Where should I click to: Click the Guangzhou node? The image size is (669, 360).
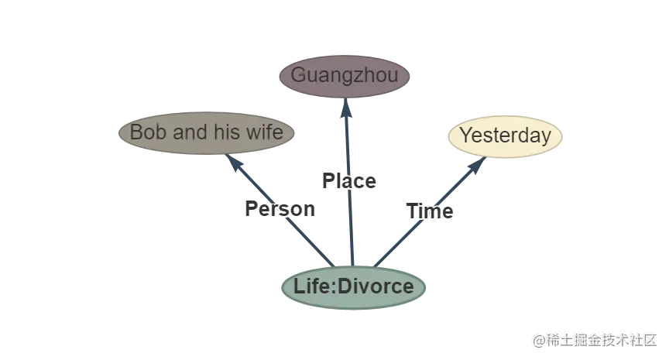tap(345, 76)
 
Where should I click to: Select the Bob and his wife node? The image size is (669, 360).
tap(207, 132)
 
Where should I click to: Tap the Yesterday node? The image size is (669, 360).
tap(505, 136)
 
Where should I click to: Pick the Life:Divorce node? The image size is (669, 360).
tap(353, 287)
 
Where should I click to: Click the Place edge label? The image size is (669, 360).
tap(349, 181)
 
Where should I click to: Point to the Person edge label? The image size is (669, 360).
tap(280, 209)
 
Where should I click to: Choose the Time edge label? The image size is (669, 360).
tap(430, 211)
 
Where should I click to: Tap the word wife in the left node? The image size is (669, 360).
tap(263, 132)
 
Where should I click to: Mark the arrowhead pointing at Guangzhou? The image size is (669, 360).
tap(346, 108)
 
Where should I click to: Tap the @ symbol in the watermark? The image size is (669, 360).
tap(537, 340)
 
